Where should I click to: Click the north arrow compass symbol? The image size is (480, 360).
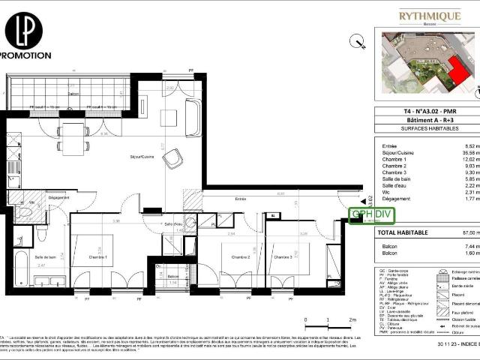(357, 42)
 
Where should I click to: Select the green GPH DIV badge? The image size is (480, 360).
(372, 215)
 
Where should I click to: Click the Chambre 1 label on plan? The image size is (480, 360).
(97, 258)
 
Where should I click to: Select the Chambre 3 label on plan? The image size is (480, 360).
(283, 257)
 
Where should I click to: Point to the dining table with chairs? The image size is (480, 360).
(73, 138)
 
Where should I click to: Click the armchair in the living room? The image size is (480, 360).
(173, 158)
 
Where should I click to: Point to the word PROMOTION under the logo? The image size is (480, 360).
(25, 55)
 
